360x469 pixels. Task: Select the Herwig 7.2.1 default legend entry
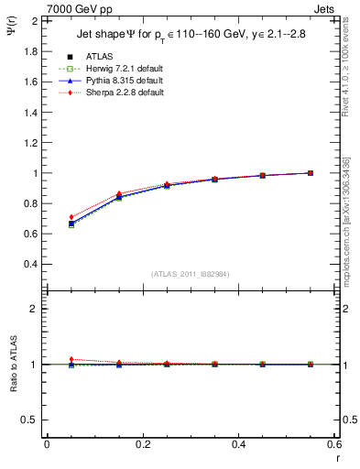tap(114, 70)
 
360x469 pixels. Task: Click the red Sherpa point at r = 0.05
tap(71, 217)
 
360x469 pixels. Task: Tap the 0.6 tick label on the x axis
tap(335, 444)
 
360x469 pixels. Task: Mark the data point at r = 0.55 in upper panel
tap(311, 172)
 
